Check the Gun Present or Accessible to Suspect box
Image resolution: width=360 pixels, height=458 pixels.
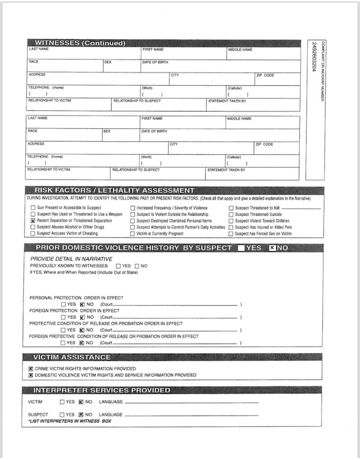pyautogui.click(x=32, y=207)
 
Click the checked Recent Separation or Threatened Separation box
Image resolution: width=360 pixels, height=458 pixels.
pyautogui.click(x=32, y=221)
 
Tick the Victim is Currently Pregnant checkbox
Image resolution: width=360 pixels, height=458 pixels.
pyautogui.click(x=133, y=234)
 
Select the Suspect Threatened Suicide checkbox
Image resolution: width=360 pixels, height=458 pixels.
pyautogui.click(x=231, y=214)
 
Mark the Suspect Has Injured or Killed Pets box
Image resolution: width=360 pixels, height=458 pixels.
pyautogui.click(x=231, y=227)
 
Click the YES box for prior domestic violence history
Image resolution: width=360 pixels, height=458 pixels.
pyautogui.click(x=241, y=248)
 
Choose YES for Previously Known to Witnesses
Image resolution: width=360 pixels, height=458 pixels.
pyautogui.click(x=119, y=266)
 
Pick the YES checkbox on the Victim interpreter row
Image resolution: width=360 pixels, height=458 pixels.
pyautogui.click(x=62, y=402)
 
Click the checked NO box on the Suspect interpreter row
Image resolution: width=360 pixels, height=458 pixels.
pyautogui.click(x=82, y=414)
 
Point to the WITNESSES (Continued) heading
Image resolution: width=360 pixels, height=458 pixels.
pyautogui.click(x=80, y=43)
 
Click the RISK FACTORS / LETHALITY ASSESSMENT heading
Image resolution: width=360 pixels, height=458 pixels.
pyautogui.click(x=115, y=191)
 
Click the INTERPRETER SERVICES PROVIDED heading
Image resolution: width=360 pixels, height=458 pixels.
pyautogui.click(x=103, y=390)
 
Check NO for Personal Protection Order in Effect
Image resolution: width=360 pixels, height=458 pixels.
pyautogui.click(x=82, y=304)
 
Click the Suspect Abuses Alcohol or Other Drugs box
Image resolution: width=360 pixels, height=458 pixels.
pyautogui.click(x=32, y=227)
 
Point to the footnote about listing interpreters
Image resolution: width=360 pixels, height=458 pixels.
pyautogui.click(x=70, y=421)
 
